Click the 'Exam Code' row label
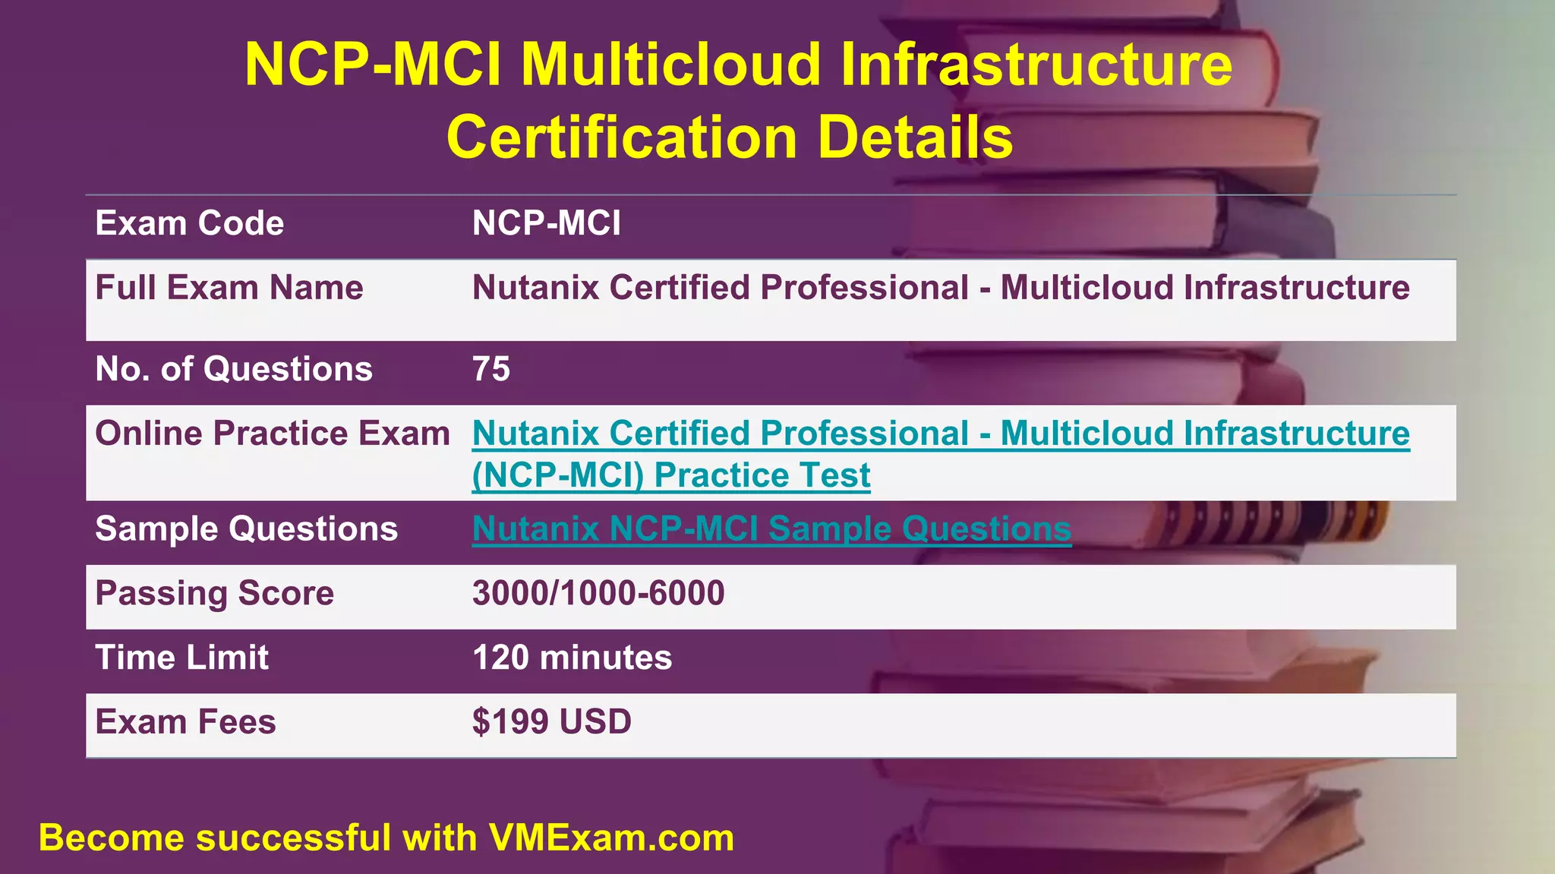[189, 224]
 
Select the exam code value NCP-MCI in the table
[546, 224]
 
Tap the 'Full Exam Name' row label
[229, 289]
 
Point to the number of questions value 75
[490, 370]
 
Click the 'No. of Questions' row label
[233, 370]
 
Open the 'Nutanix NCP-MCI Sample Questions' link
[771, 529]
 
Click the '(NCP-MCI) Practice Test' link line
[670, 476]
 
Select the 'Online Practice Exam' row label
[272, 434]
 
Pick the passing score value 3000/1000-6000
[598, 594]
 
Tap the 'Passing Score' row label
[214, 594]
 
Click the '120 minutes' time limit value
[572, 658]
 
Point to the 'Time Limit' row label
[181, 658]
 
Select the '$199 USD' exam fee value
[551, 722]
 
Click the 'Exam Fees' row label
[185, 722]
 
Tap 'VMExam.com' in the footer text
[611, 839]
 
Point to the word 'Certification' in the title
[622, 138]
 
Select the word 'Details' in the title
[915, 138]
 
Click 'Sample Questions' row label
[246, 529]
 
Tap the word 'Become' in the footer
[111, 839]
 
